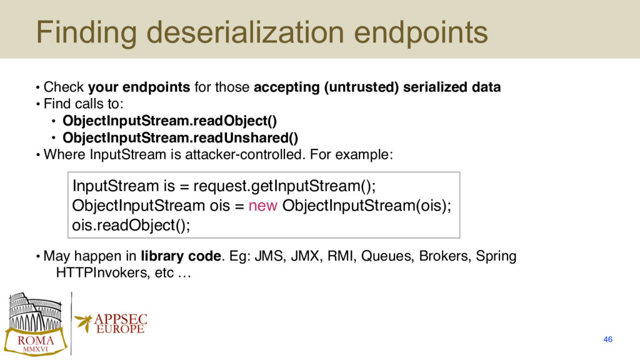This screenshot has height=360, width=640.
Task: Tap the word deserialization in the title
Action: point(245,32)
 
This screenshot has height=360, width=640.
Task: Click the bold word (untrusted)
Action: point(361,87)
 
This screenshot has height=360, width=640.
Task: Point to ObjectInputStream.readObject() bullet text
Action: point(170,121)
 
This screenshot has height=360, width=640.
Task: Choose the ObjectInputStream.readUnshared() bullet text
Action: point(181,138)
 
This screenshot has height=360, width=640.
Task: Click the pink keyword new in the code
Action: point(263,205)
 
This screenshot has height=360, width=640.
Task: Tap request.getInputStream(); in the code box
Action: point(284,186)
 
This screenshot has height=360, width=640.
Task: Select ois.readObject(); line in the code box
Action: point(131,225)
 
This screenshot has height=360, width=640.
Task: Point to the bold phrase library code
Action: point(181,256)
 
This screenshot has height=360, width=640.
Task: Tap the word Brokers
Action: point(445,256)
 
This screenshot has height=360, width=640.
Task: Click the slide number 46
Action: point(607,339)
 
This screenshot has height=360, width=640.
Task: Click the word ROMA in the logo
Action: point(36,341)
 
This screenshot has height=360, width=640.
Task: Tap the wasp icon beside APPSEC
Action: point(84,322)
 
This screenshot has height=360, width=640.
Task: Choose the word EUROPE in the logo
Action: point(121,329)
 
